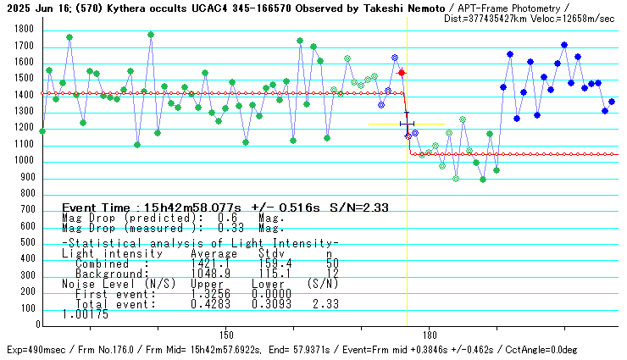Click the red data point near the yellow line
pyautogui.click(x=402, y=74)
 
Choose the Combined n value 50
pyautogui.click(x=332, y=263)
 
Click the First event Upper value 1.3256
pyautogui.click(x=208, y=293)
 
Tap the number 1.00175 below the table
pyautogui.click(x=85, y=313)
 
